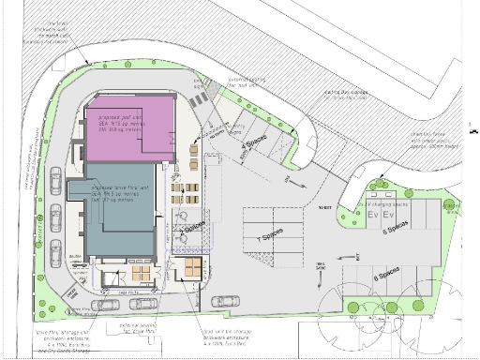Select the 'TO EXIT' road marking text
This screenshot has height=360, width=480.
325,207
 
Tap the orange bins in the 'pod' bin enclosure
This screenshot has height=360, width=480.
191,267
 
